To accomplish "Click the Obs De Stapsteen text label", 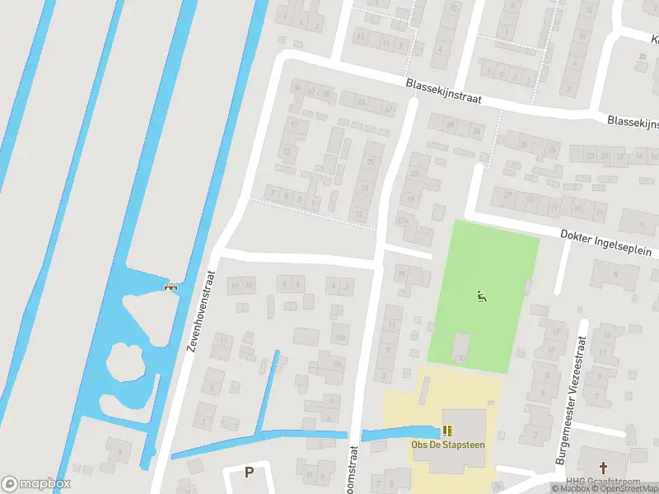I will pos(448,445).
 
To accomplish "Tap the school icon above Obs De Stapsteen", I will pos(448,430).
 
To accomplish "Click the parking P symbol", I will pos(249,472).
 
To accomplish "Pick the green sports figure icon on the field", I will pos(481,296).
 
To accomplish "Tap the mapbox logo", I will pos(36,483).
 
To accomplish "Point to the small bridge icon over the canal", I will pos(172,287).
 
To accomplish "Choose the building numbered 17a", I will pos(403,221).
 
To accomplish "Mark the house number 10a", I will pos(340,337).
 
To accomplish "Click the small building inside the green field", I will pos(460,346).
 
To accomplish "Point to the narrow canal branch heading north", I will pos(269,390).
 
